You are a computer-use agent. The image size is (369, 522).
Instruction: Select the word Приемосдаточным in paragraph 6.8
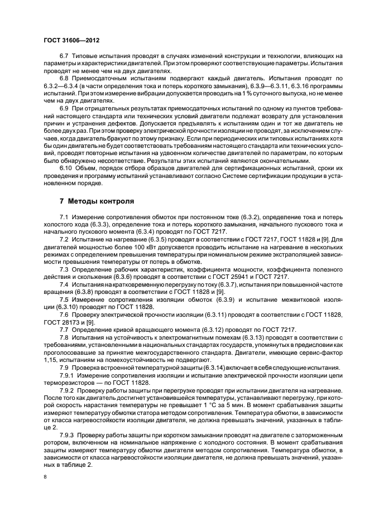click(98, 80)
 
